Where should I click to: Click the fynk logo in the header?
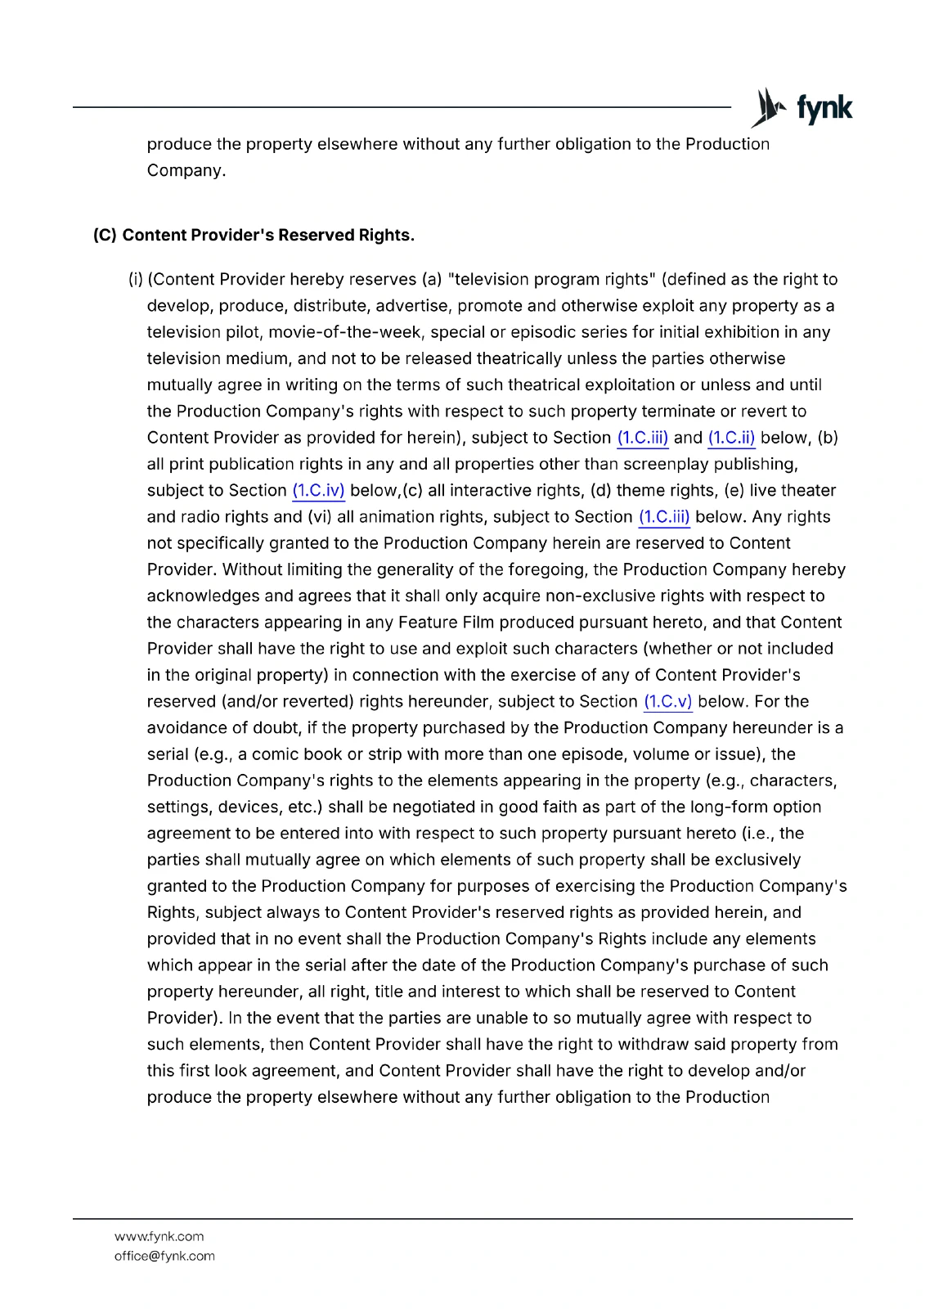click(802, 108)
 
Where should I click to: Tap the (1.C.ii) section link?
click(731, 438)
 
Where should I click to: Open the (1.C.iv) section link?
click(318, 491)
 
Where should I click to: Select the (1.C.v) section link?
click(667, 702)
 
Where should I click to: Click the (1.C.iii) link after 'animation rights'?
click(664, 517)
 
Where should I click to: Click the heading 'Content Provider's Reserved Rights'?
click(268, 236)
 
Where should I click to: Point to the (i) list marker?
click(135, 280)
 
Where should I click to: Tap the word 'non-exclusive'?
click(599, 596)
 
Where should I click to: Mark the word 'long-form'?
click(729, 807)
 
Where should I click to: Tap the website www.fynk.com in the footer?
click(159, 1236)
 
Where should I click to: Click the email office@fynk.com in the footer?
click(164, 1256)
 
